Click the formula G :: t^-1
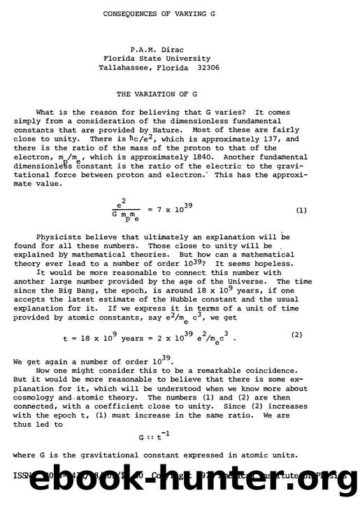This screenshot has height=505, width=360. pyautogui.click(x=154, y=437)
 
